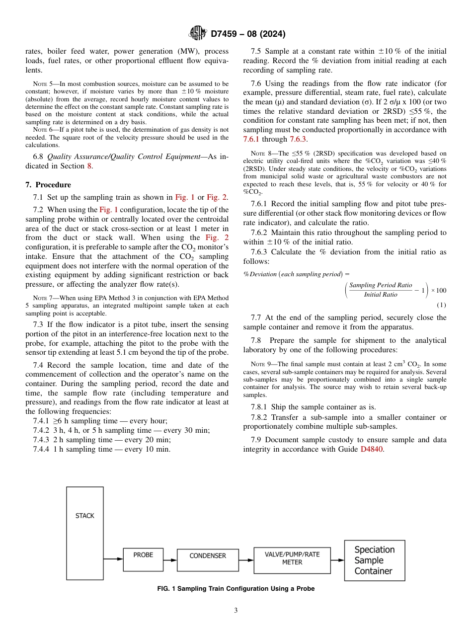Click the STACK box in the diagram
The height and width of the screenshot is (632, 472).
pos(85,533)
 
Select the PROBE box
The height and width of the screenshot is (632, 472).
pos(143,558)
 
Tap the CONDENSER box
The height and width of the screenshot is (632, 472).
pos(208,559)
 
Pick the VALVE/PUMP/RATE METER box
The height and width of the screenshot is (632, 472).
pos(292,558)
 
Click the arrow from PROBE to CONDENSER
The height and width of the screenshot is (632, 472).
pos(169,559)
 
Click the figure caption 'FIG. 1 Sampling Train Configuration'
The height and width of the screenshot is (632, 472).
pos(236,589)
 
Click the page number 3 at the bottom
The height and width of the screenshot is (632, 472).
pos(236,611)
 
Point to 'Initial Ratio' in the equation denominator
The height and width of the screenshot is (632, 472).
pos(381,295)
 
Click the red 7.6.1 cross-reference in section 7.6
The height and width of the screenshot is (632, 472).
pos(252,139)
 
